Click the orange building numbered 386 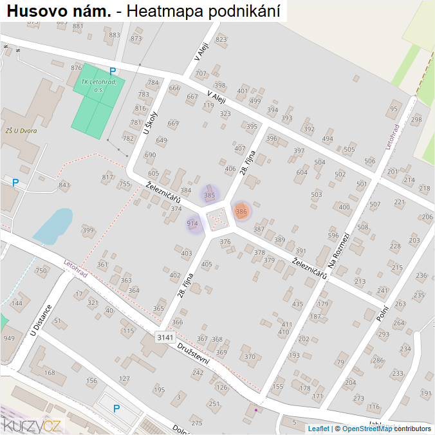241,211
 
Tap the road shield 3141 165,337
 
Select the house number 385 209,194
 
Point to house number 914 192,223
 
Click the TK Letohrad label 98,86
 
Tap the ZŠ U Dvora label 21,131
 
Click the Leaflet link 318,429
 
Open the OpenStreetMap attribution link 367,429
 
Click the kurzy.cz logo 32,424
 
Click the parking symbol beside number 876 113,71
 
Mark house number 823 221,39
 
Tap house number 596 333,236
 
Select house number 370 250,357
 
